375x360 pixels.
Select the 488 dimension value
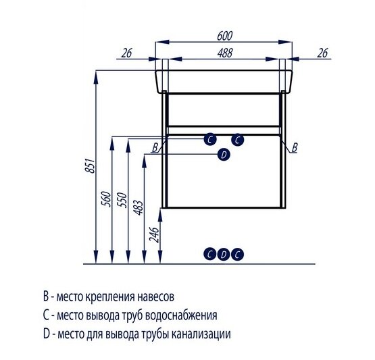(225, 52)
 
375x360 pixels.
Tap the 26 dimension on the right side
(323, 52)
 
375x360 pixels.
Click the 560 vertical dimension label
(107, 200)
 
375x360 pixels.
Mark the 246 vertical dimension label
(155, 234)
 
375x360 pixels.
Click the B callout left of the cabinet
(155, 147)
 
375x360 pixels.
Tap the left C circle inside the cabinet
(211, 140)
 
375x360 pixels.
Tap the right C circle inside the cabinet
(236, 140)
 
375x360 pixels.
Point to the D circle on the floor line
(223, 254)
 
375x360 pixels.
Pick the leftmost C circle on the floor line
(211, 254)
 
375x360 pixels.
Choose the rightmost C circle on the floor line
(236, 254)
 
